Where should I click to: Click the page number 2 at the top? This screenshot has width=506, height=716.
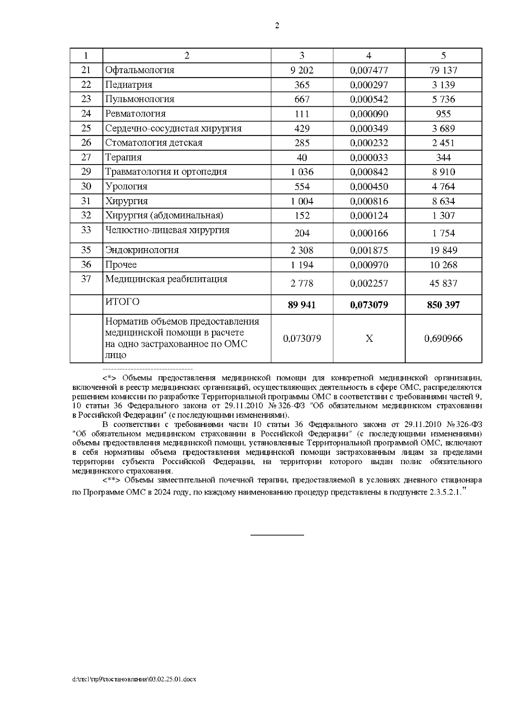[277, 26]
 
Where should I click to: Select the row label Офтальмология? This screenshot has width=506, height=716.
[140, 70]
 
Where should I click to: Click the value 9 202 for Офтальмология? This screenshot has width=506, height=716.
[302, 70]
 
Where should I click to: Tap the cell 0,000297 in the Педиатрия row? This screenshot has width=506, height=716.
[369, 85]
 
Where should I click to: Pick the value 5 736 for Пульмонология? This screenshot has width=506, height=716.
[443, 100]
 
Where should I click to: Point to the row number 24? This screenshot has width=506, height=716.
[86, 113]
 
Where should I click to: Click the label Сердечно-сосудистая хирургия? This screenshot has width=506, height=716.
[173, 128]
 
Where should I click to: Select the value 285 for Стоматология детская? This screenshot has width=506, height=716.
[302, 143]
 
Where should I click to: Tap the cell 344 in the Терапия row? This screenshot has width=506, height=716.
[443, 158]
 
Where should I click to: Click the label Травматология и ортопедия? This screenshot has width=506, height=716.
[166, 172]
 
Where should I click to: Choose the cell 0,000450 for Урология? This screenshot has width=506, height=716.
[369, 186]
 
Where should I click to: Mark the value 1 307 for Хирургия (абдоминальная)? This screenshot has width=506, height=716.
[443, 216]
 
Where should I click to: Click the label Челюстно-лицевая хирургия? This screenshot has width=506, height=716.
[167, 230]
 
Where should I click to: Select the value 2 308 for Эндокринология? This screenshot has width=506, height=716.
[302, 250]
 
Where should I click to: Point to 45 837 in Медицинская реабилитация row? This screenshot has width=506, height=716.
[443, 284]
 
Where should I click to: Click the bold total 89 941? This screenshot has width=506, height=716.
[302, 305]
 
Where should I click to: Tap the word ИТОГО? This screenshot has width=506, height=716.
[122, 302]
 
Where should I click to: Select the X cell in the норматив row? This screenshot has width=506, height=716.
[369, 339]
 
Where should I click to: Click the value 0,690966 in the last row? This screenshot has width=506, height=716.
[443, 339]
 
